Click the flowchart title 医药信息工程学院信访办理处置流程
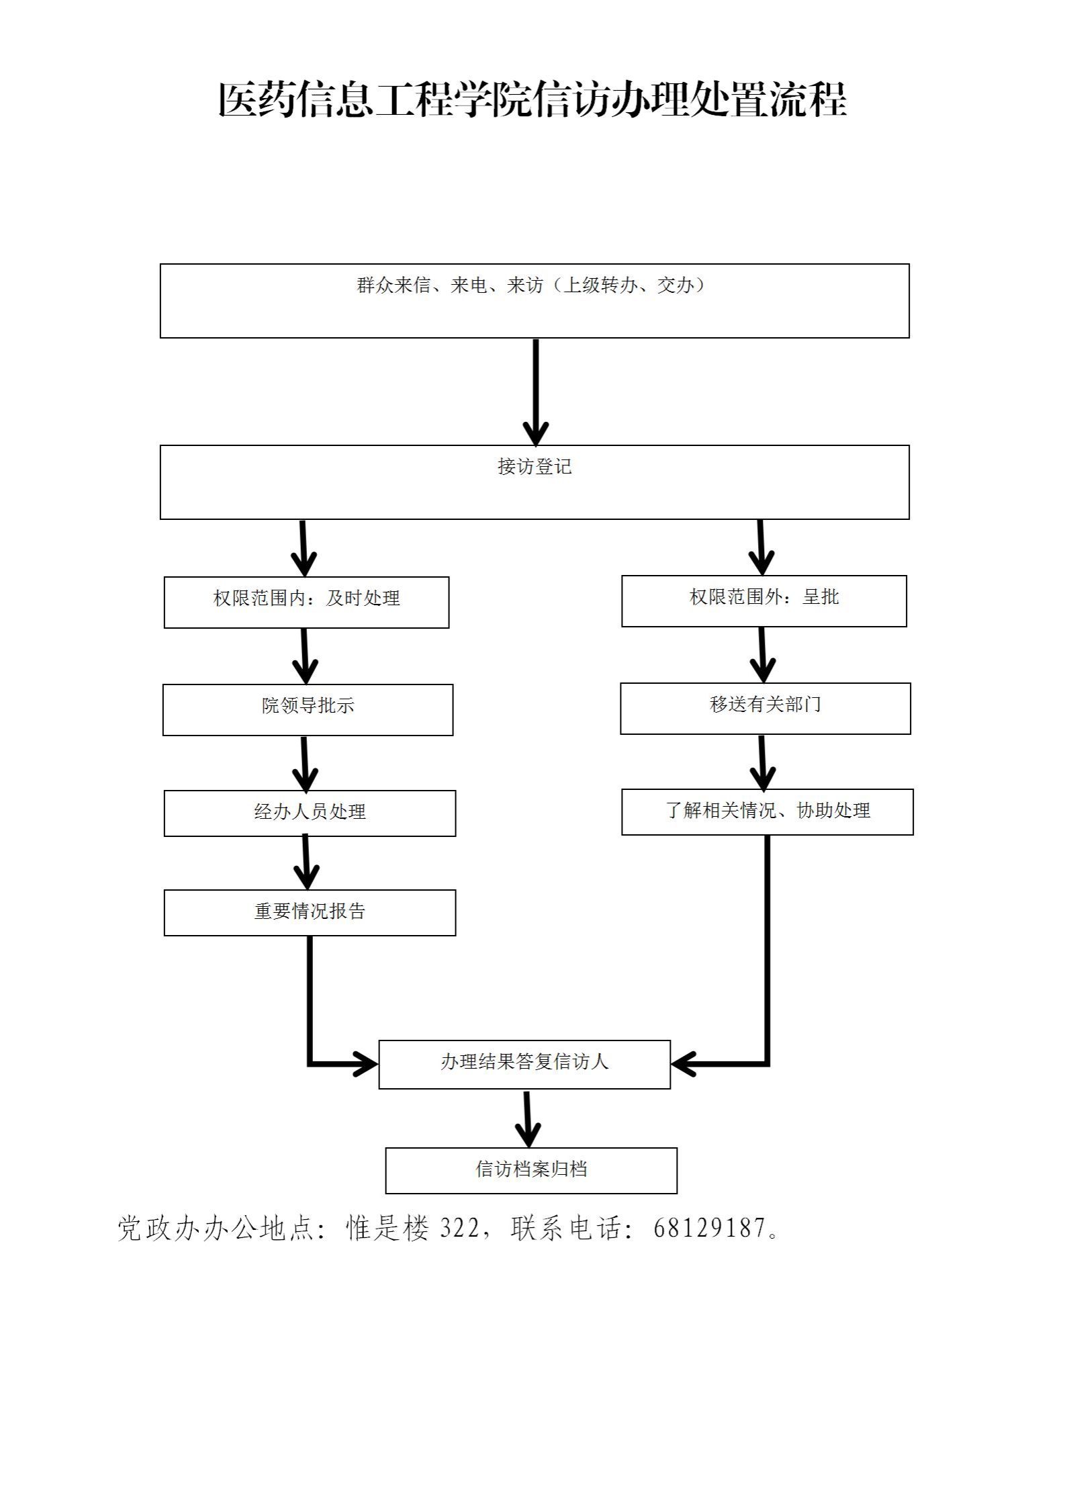pyautogui.click(x=532, y=101)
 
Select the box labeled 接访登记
pyautogui.click(x=534, y=482)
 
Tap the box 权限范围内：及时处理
pyautogui.click(x=306, y=602)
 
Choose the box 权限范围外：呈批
pyautogui.click(x=763, y=601)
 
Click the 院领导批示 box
pyautogui.click(x=308, y=709)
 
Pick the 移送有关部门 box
pyautogui.click(x=765, y=708)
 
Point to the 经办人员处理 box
pyautogui.click(x=310, y=813)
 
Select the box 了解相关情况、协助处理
pyautogui.click(x=767, y=811)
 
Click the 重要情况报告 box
pyautogui.click(x=310, y=912)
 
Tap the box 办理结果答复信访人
pyautogui.click(x=524, y=1064)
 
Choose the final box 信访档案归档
pyautogui.click(x=530, y=1170)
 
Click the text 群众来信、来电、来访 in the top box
pyautogui.click(x=450, y=286)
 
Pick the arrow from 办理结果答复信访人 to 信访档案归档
pyautogui.click(x=528, y=1118)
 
